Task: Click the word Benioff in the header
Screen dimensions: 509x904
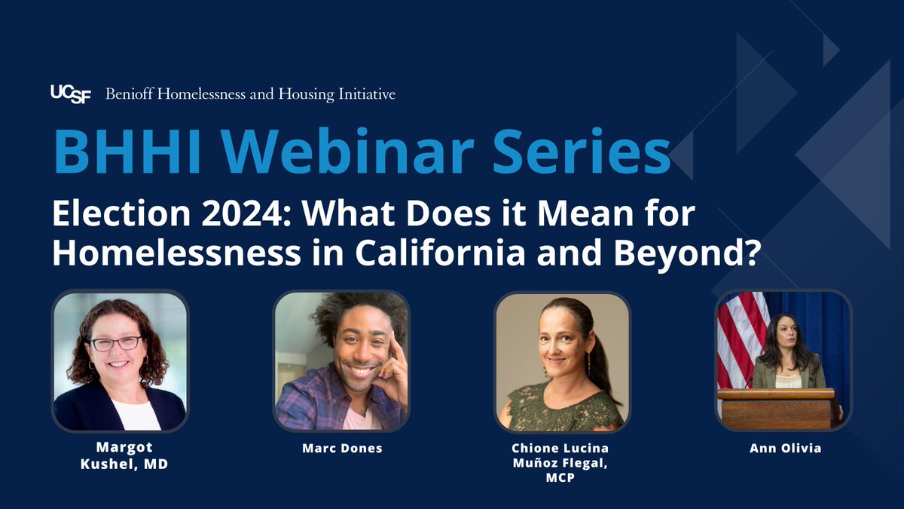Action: [x=133, y=94]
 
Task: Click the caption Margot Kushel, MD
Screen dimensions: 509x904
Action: [x=120, y=456]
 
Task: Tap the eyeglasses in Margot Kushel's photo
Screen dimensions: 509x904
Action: [x=116, y=343]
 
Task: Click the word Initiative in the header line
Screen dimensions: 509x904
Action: [x=367, y=94]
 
